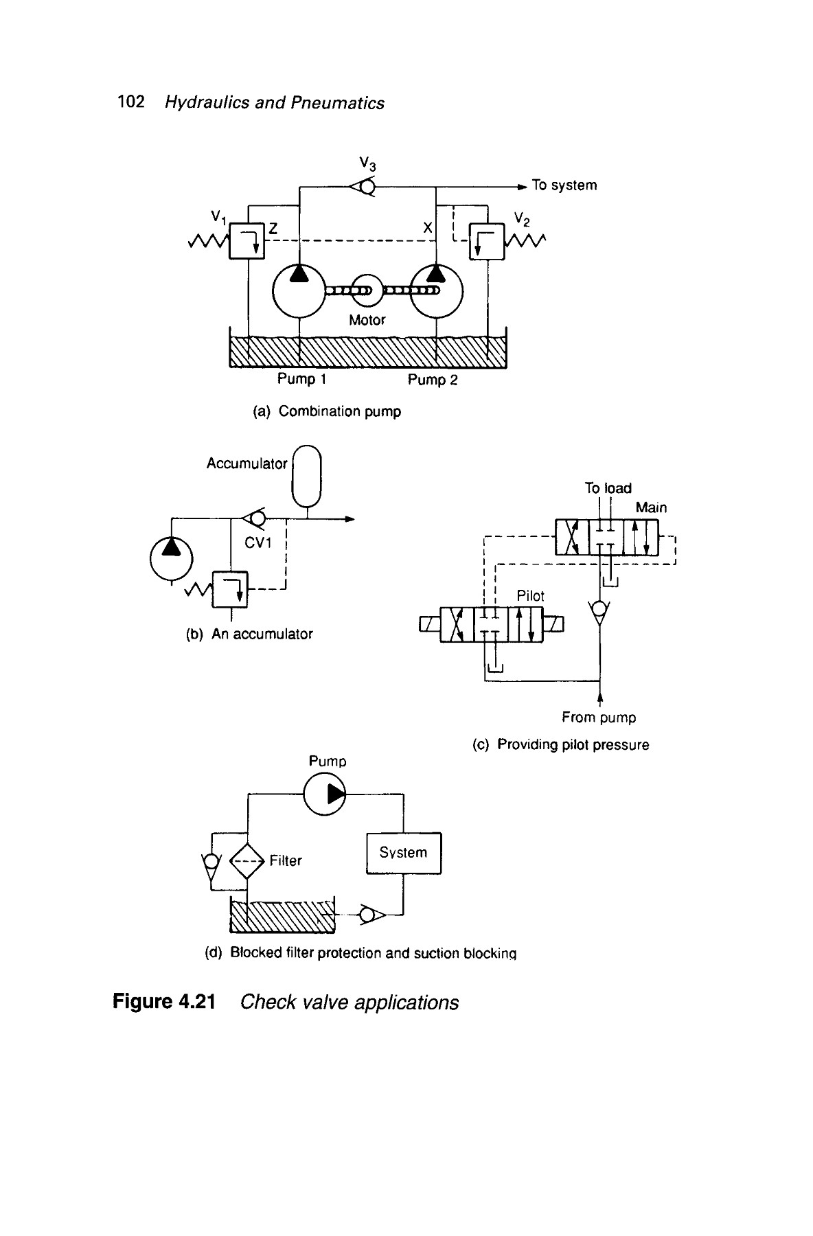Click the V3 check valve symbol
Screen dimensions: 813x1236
tap(363, 186)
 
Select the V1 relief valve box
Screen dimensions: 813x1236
tap(247, 240)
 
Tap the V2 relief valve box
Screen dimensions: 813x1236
tap(487, 241)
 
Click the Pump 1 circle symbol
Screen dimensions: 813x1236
tap(299, 291)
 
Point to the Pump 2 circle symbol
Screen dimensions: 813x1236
tap(437, 291)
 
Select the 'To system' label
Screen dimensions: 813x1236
tap(564, 185)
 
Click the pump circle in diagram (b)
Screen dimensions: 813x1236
tap(172, 558)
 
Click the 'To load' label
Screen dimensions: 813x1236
tap(608, 488)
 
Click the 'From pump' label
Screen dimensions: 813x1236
tap(599, 718)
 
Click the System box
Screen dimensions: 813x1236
tap(404, 853)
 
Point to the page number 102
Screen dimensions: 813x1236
tap(131, 102)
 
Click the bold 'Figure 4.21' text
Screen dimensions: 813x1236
tap(164, 1003)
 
